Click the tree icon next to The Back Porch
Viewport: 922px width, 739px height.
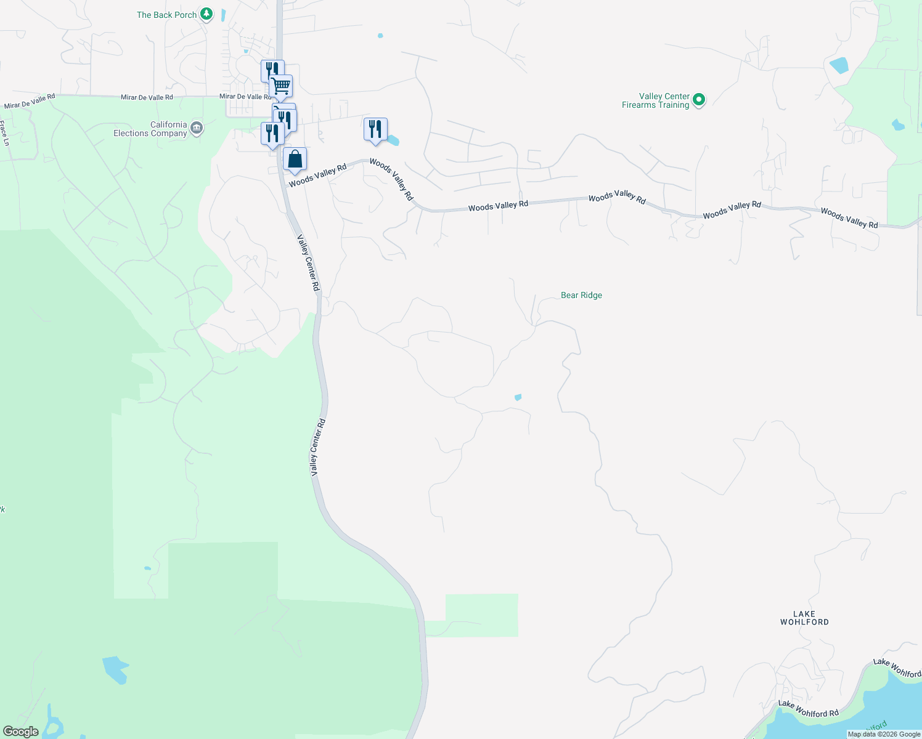coord(207,14)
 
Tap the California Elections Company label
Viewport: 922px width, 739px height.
coord(150,129)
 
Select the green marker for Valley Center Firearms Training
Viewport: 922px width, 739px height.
coord(698,100)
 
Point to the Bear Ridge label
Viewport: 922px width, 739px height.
coord(581,296)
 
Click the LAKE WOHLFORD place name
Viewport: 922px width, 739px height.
coord(804,618)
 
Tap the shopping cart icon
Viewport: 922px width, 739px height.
coord(281,86)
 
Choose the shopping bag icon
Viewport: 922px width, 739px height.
coord(295,160)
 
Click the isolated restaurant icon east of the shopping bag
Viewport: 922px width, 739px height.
coord(375,129)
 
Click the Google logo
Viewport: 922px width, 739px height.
coord(21,732)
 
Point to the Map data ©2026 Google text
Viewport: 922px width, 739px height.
coord(884,734)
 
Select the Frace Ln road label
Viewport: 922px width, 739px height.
coord(6,133)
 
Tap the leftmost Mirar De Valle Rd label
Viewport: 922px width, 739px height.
coord(30,101)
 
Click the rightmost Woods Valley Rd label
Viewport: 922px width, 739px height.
coord(849,218)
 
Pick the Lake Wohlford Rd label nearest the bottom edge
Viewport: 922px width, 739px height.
coord(808,709)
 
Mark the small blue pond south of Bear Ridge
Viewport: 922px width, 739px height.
coord(518,397)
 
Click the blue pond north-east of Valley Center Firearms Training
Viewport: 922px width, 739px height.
coord(839,65)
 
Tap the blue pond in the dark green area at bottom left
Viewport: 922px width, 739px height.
coord(115,669)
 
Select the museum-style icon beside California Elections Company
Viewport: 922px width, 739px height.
coord(197,128)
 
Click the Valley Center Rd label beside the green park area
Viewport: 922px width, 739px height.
coord(317,447)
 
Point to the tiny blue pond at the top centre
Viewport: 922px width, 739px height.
coord(380,36)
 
